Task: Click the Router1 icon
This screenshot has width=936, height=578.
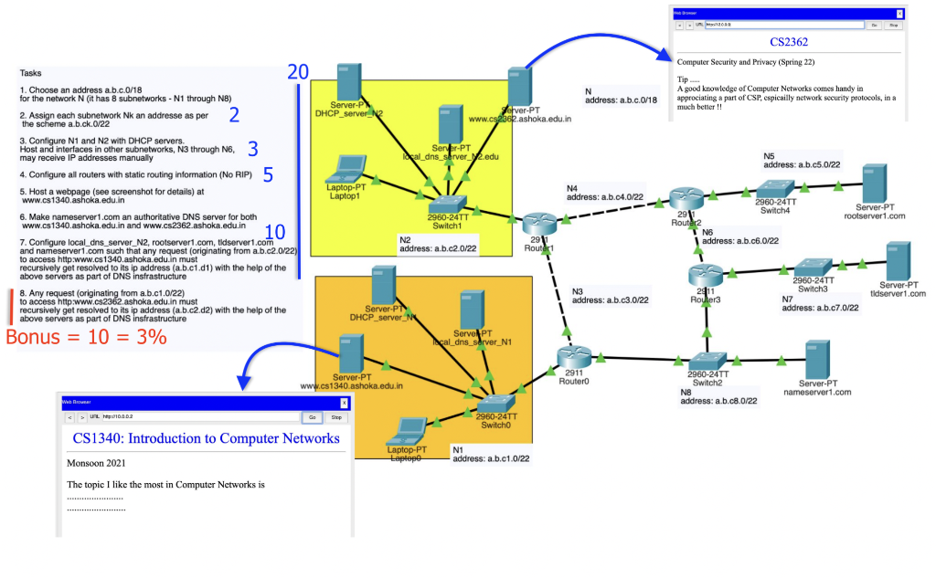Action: [x=538, y=221]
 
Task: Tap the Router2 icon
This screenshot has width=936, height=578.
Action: [x=683, y=196]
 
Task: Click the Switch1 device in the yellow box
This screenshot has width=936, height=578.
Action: [x=449, y=205]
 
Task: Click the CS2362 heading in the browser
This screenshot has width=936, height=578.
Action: [x=788, y=42]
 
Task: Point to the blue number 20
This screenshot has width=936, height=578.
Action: [x=297, y=72]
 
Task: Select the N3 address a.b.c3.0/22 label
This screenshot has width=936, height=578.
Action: [x=610, y=296]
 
